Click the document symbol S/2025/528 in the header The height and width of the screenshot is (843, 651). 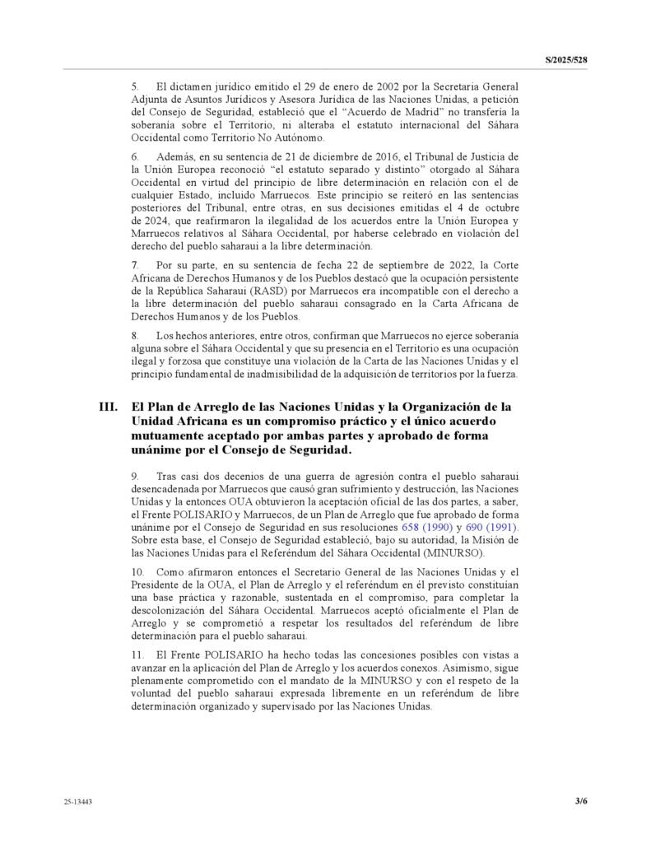(570, 61)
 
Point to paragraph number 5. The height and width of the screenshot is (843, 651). (136, 86)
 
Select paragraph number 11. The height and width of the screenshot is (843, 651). (137, 654)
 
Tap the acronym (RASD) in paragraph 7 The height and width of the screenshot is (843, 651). (272, 292)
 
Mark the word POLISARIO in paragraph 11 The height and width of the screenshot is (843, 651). (212, 654)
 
